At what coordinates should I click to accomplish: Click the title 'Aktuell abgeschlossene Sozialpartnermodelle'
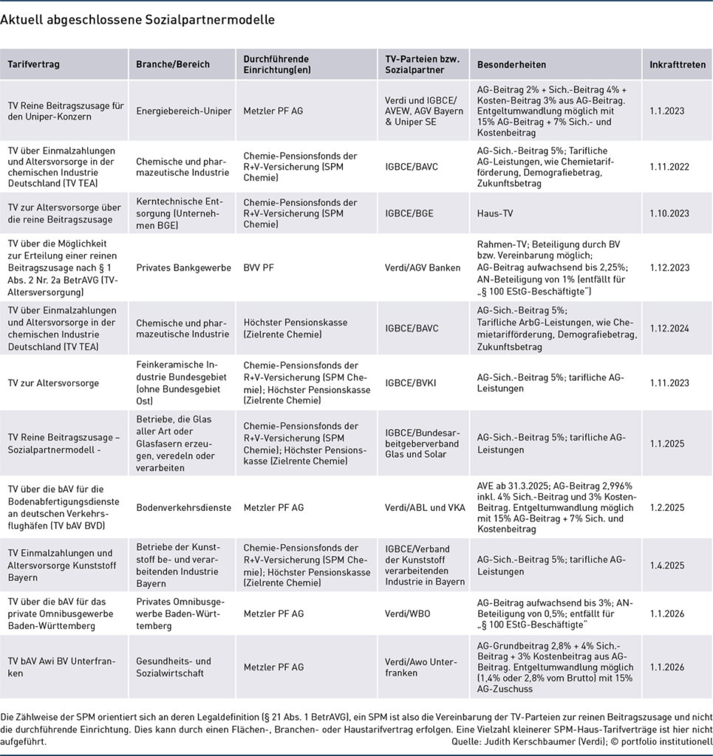tap(137, 20)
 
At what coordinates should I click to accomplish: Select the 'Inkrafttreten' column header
tap(677, 64)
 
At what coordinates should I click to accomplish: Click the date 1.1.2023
tap(667, 111)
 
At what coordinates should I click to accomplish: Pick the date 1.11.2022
tap(669, 167)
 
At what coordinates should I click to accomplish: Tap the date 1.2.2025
tap(667, 507)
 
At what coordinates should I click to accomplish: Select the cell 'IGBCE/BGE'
tap(409, 213)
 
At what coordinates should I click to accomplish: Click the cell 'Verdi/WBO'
tap(408, 613)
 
